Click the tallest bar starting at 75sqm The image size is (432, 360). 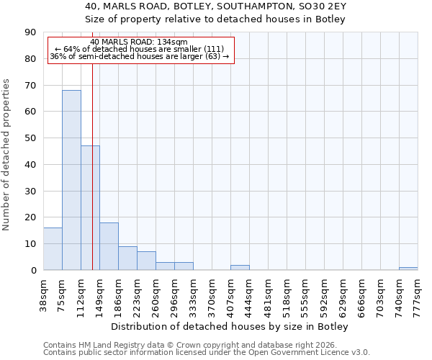[x=71, y=180]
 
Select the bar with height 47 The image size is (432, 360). [x=90, y=208]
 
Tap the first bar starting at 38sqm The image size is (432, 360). [x=53, y=249]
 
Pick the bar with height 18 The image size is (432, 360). [x=109, y=246]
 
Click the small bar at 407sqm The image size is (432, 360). [x=240, y=267]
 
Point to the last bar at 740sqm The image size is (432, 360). [x=408, y=269]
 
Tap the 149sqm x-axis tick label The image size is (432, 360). [x=100, y=292]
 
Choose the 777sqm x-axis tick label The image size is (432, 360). [x=418, y=292]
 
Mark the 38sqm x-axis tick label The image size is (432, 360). [x=44, y=292]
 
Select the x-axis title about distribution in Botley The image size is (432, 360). [x=230, y=327]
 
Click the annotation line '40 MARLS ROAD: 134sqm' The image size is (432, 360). [x=139, y=42]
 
